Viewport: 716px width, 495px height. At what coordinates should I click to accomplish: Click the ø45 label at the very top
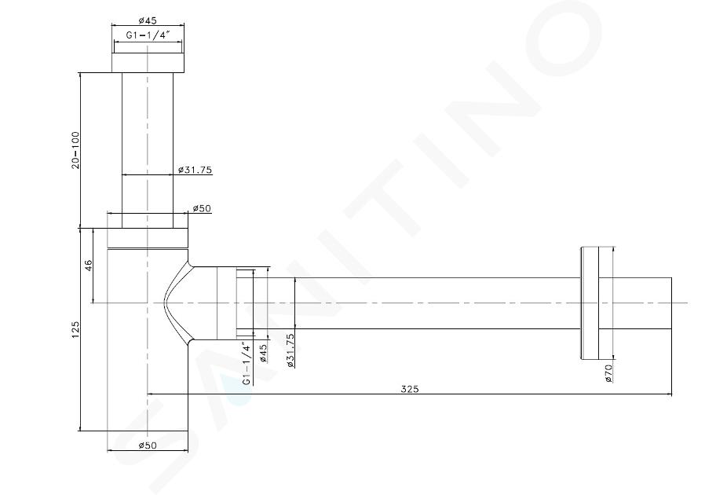click(x=147, y=20)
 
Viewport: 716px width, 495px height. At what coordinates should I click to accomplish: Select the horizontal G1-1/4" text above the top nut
click(x=148, y=35)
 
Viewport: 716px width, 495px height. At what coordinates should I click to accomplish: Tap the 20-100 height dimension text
click(x=75, y=150)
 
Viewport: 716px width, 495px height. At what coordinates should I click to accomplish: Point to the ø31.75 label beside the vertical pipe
click(x=195, y=170)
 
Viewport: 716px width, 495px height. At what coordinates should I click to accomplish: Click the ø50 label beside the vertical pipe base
click(x=201, y=208)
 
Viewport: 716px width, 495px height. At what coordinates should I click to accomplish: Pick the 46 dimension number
click(x=89, y=265)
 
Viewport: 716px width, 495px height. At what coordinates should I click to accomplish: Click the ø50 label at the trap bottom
click(x=147, y=445)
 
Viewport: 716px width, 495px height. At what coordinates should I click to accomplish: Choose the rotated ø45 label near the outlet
click(x=263, y=353)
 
